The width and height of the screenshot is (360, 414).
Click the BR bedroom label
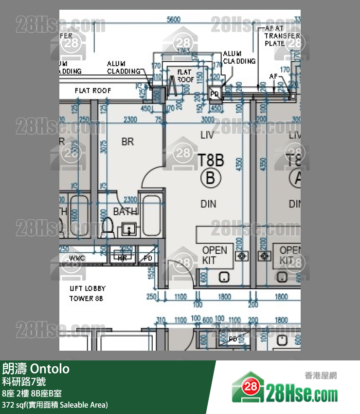tap(127, 142)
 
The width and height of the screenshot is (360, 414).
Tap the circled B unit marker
tap(210, 178)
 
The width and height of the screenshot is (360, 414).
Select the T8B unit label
tap(211, 159)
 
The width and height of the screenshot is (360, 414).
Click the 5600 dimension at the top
tap(173, 19)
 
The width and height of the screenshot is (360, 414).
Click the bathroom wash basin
tap(129, 228)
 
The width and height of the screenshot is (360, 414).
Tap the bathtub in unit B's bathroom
tap(150, 215)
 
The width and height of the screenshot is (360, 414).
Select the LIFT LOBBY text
tap(87, 288)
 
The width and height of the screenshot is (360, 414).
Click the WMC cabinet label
tap(77, 258)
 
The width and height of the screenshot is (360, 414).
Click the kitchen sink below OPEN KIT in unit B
tap(224, 277)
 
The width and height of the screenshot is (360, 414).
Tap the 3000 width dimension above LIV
tap(208, 120)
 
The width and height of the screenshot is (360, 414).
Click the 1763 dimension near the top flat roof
tap(183, 50)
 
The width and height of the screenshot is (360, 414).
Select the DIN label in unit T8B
tap(208, 204)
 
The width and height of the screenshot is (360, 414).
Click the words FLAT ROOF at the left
tap(92, 91)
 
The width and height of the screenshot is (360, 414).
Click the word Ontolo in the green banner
tap(50, 369)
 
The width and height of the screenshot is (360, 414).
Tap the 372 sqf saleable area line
tap(55, 405)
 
